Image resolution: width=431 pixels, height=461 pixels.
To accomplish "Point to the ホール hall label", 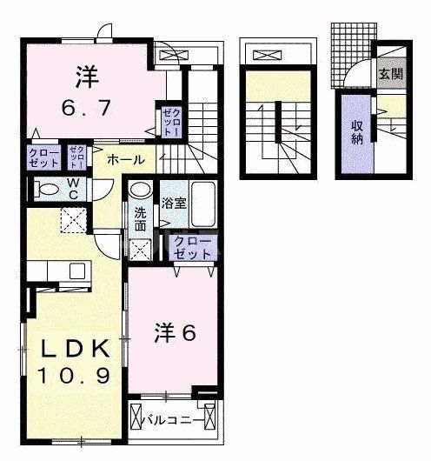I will [126, 160].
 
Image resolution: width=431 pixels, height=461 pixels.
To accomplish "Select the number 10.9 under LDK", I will [72, 377].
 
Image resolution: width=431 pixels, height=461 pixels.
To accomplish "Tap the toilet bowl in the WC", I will [43, 189].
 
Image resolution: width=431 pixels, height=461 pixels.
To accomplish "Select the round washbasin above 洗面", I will [139, 190].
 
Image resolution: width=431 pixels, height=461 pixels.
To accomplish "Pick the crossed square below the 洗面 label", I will [139, 249].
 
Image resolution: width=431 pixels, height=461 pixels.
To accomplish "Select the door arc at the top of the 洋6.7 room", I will [105, 33].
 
